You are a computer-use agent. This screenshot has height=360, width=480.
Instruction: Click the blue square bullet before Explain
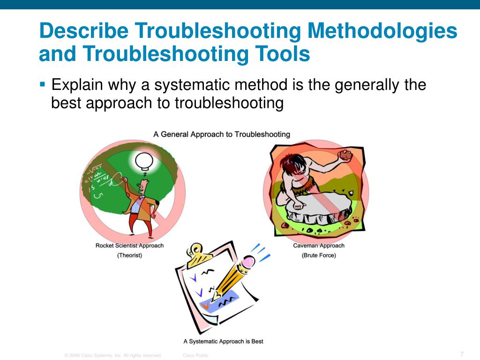43,85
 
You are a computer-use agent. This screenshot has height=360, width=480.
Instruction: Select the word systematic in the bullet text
194,85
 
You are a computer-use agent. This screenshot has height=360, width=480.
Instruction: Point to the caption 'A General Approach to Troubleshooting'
222,135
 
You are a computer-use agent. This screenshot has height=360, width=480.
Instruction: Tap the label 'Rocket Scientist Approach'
129,246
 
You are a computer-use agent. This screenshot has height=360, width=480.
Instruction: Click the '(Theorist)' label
129,255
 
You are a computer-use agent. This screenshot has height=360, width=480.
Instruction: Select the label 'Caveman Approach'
319,246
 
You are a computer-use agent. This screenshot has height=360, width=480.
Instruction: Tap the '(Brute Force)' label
319,255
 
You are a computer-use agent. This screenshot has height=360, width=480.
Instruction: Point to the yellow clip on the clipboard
199,255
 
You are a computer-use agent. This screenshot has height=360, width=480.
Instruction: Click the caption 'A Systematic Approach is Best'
223,341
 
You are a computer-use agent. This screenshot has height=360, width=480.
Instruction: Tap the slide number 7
462,354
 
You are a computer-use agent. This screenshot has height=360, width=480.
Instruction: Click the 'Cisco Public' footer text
195,355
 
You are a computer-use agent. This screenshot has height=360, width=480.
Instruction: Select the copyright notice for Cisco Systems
113,355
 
